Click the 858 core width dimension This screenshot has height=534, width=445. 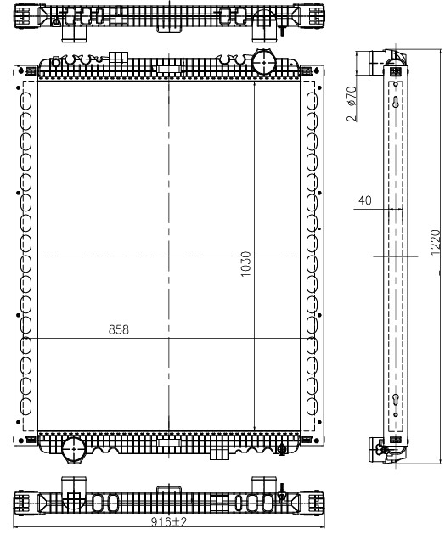(119, 329)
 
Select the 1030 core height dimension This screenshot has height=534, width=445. (245, 264)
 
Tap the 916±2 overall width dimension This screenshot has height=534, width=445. (169, 522)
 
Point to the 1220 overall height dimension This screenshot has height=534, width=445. (436, 242)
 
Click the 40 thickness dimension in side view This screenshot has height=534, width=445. (365, 200)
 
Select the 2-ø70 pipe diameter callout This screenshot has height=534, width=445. (352, 104)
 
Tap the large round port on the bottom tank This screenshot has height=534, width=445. (74, 449)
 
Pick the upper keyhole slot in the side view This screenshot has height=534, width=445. (396, 102)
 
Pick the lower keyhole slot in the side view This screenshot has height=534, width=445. (396, 399)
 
